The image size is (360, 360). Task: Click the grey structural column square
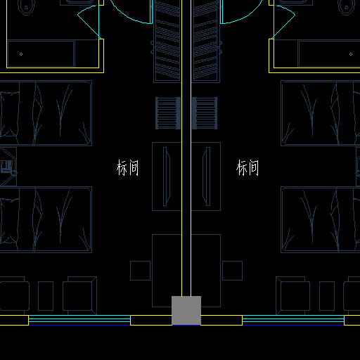click(x=186, y=311)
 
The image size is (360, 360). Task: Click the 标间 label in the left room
click(x=128, y=167)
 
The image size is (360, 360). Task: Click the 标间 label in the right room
click(x=247, y=167)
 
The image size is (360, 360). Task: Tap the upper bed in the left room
click(x=46, y=113)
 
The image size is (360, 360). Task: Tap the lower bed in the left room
click(x=46, y=219)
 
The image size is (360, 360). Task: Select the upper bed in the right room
click(x=321, y=113)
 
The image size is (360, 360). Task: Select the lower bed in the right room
click(x=321, y=219)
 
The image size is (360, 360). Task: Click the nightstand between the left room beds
click(x=8, y=167)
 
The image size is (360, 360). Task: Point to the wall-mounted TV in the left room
click(x=167, y=176)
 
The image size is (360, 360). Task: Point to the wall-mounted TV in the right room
click(x=207, y=176)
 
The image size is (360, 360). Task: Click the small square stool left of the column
click(x=140, y=271)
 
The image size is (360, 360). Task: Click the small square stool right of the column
click(x=232, y=271)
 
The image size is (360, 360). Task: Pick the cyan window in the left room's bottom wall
click(x=79, y=320)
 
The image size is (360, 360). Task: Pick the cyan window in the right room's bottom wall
click(x=293, y=320)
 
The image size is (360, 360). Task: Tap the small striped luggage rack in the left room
click(x=168, y=113)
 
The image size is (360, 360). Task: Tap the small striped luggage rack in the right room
click(x=205, y=113)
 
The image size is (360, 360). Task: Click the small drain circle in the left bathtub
click(x=21, y=54)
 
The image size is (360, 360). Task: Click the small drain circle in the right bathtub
click(x=351, y=54)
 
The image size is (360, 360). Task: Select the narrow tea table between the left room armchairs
click(x=46, y=296)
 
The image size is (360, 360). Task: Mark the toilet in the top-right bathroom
click(x=347, y=7)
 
